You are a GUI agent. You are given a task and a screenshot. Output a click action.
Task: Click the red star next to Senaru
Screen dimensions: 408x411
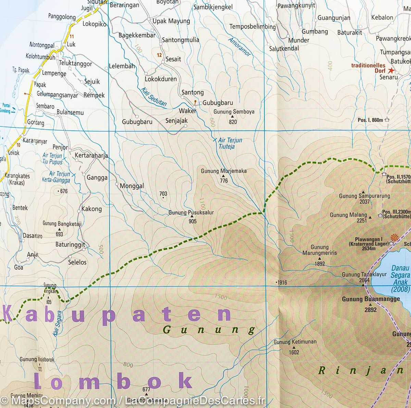[x=391, y=71]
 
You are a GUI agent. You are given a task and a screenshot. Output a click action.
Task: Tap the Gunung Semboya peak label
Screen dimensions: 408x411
[x=234, y=112]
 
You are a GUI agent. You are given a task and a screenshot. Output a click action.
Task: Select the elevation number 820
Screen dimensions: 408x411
[x=233, y=122]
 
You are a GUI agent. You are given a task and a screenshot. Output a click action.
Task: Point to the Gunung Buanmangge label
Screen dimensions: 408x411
[x=371, y=299]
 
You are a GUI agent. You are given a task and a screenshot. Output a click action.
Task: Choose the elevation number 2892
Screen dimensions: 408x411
[x=371, y=310]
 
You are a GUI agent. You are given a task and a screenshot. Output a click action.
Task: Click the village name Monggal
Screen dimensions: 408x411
[x=132, y=186]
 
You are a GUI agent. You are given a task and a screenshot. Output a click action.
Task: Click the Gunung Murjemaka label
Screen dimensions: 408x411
[x=224, y=171]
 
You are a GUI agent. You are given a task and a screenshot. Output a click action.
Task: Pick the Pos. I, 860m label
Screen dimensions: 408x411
[x=370, y=120]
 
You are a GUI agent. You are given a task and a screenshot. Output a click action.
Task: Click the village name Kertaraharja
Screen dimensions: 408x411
[x=91, y=155]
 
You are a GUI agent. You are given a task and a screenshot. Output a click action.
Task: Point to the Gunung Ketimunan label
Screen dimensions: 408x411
[x=295, y=342]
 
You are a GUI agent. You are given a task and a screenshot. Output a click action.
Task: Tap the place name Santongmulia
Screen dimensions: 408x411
[x=180, y=40]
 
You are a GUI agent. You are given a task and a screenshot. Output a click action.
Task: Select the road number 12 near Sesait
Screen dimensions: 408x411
[x=159, y=55]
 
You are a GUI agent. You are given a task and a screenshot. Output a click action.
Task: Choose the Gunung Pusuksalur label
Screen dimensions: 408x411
[x=191, y=213]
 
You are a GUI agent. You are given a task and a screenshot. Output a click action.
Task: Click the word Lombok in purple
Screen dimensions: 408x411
[x=113, y=381]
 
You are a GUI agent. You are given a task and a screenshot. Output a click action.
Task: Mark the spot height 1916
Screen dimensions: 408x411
[x=282, y=282]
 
